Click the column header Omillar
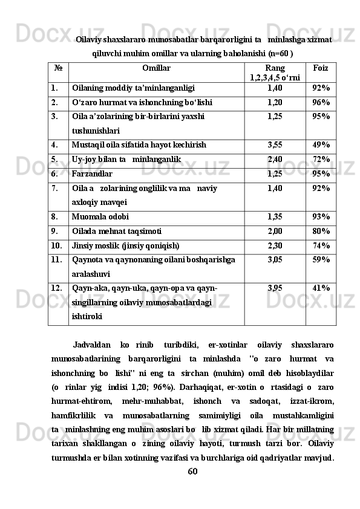click(x=157, y=68)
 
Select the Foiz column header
click(x=321, y=68)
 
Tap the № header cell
click(x=57, y=68)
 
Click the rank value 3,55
click(x=275, y=145)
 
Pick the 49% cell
click(x=321, y=145)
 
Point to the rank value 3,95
click(x=275, y=288)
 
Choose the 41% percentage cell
click(x=321, y=288)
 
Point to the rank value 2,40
click(x=275, y=160)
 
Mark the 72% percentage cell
click(x=321, y=160)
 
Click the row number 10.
click(x=56, y=245)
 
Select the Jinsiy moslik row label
click(x=125, y=245)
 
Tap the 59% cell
click(x=321, y=260)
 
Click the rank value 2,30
click(x=275, y=245)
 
